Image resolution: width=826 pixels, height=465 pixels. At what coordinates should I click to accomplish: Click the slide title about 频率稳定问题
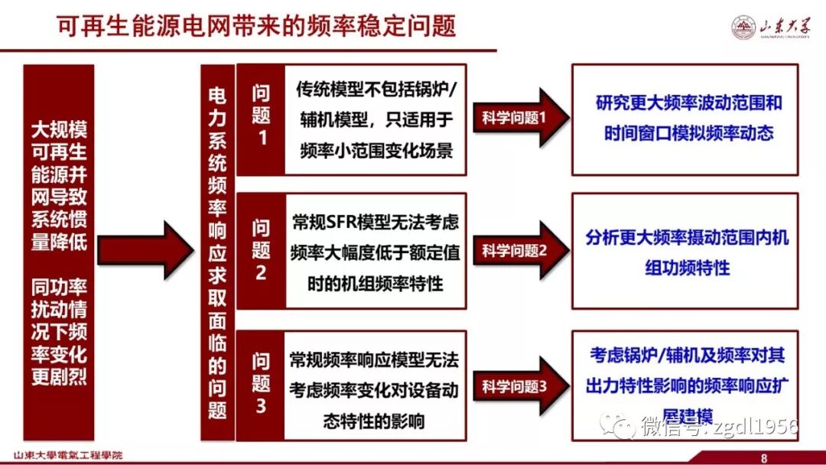pos(256,26)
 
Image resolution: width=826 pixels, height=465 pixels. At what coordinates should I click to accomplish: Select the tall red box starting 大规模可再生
pos(59,252)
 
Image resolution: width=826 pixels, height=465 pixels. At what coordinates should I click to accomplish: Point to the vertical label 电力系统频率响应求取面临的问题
pos(217,252)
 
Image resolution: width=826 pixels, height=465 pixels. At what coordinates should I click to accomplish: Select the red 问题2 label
pos(261,250)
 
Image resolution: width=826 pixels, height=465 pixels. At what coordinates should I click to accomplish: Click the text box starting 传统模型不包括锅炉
pos(375,119)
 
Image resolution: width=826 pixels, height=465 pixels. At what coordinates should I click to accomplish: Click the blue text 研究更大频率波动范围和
pos(688,103)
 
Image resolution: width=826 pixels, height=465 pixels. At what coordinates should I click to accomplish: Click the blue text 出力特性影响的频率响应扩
pos(685,386)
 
